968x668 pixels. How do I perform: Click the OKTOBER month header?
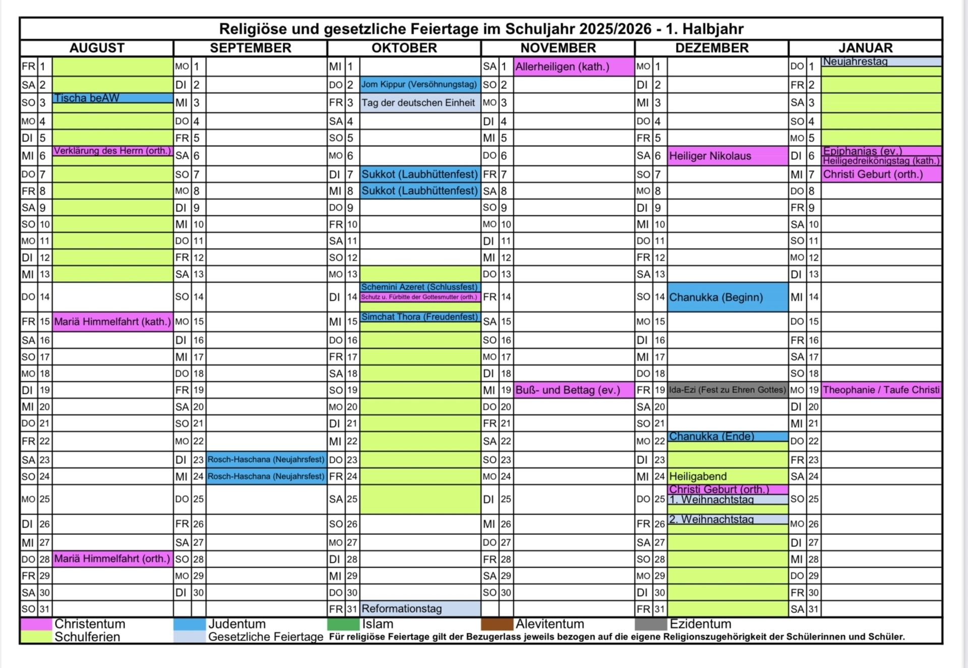(x=404, y=48)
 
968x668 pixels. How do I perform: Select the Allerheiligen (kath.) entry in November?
(x=573, y=67)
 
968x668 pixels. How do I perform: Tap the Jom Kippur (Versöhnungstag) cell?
(x=419, y=85)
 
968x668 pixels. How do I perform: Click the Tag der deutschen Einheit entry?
(x=419, y=103)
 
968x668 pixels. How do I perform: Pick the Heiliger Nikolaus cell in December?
(x=727, y=156)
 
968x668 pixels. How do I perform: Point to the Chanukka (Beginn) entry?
(x=727, y=297)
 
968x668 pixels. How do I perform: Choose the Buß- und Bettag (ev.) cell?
(x=573, y=390)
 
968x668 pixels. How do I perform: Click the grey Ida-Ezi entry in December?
(x=727, y=390)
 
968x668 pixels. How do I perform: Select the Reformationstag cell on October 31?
(x=419, y=609)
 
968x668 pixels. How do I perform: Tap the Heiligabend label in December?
(x=698, y=476)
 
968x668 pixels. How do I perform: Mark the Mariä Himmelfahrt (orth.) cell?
(x=112, y=559)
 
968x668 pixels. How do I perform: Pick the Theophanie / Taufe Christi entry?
(x=881, y=390)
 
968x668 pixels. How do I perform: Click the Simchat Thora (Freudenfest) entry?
(x=419, y=317)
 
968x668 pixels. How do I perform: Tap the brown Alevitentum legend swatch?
(x=497, y=624)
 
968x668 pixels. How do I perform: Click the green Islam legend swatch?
(x=343, y=624)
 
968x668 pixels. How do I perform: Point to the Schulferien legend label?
(x=87, y=637)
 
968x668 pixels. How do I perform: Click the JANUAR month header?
(x=865, y=48)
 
